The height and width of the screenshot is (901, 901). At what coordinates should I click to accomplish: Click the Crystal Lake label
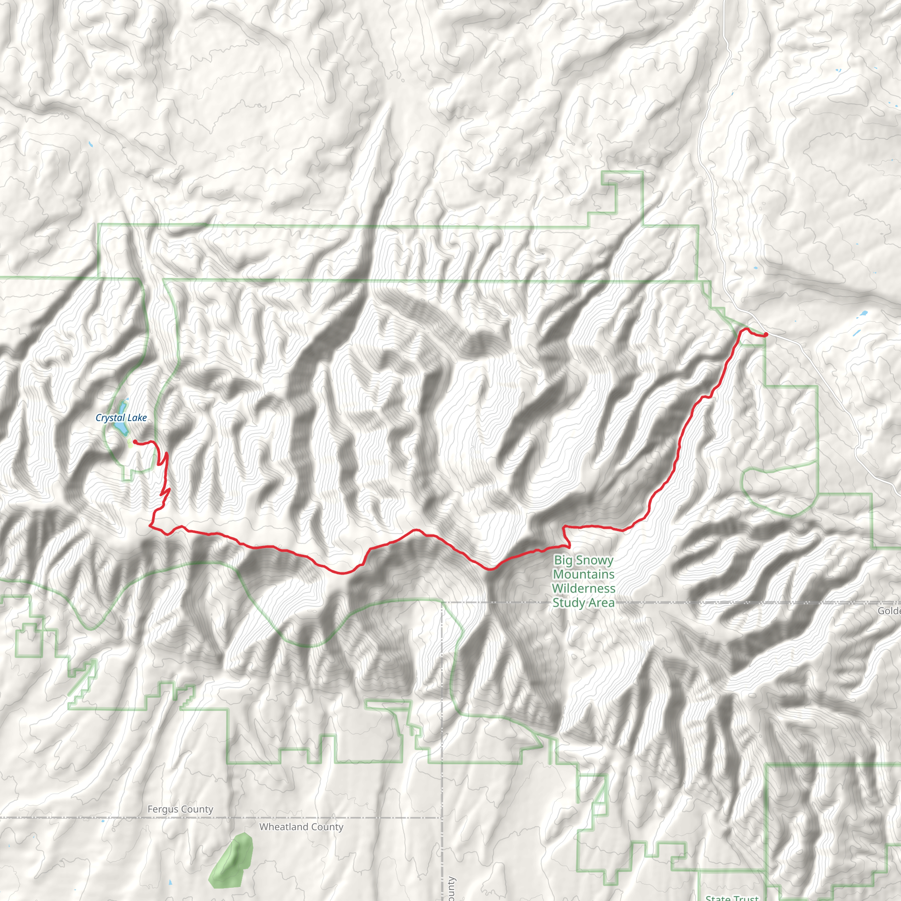(121, 418)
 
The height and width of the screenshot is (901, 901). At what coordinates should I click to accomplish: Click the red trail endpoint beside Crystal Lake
(135, 441)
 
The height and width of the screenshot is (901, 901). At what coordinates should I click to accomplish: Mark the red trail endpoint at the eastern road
(766, 334)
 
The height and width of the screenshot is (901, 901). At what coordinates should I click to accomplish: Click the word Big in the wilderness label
(564, 560)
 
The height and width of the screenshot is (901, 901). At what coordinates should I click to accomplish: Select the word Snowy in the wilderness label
(596, 560)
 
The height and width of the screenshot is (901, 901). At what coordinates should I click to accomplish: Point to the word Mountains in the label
(583, 574)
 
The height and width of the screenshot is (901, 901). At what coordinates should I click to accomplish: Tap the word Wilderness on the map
(583, 588)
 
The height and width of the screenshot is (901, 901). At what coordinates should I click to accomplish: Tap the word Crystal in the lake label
(110, 418)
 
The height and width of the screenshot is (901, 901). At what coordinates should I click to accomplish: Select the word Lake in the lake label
(137, 418)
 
